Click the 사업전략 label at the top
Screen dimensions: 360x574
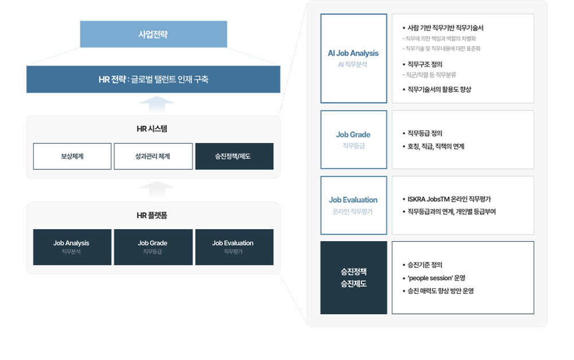pos(153,34)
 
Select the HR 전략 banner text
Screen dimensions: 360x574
pos(153,79)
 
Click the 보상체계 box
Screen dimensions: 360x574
pos(72,156)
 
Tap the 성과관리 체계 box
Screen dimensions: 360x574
pos(153,156)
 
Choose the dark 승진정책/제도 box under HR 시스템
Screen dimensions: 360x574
pos(234,156)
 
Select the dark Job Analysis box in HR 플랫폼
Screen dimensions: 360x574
pos(72,247)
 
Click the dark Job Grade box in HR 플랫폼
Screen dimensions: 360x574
pos(153,247)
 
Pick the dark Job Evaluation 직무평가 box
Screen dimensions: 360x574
pos(234,247)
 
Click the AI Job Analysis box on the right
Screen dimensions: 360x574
pos(353,59)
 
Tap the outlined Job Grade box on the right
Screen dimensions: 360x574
pos(353,140)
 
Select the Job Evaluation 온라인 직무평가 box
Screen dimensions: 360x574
pos(353,205)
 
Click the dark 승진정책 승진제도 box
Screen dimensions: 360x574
pos(353,277)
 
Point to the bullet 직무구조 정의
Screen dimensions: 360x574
pos(424,64)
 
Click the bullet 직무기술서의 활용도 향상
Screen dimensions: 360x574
pos(439,90)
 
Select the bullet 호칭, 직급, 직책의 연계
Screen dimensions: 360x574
pos(435,146)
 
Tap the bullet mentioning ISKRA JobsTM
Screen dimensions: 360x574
pos(448,199)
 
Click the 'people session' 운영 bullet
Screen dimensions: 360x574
pos(436,278)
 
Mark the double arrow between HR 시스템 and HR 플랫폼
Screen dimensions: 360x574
pos(157,189)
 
